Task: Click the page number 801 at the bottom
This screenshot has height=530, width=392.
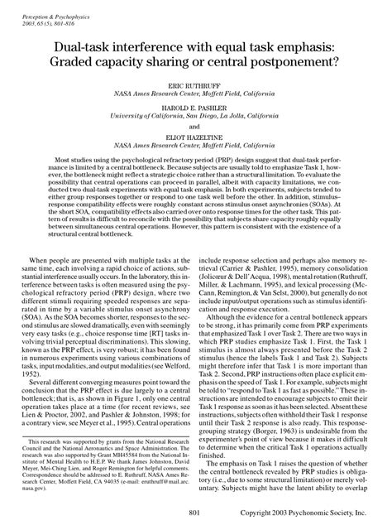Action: tap(195, 515)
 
